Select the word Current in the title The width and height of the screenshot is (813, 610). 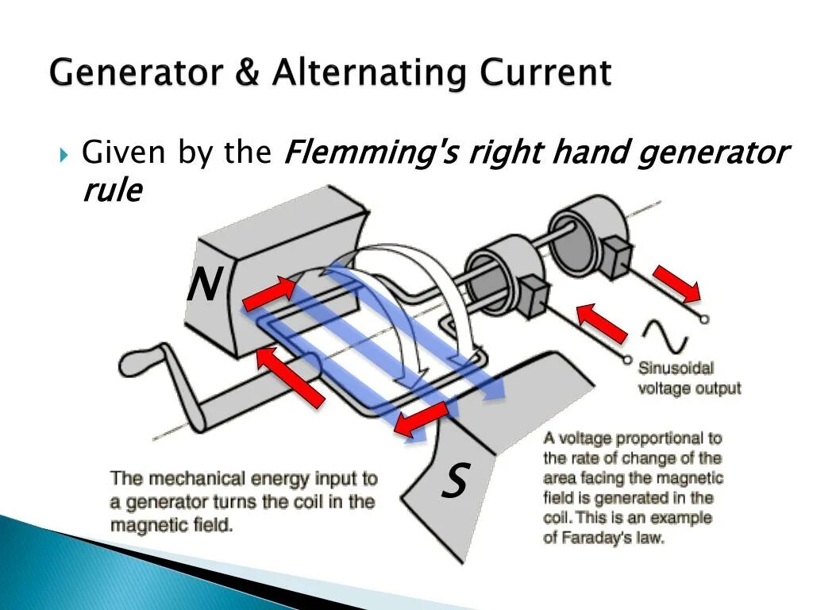pos(545,73)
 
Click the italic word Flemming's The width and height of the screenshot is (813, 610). pos(370,152)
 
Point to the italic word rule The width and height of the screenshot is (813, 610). pos(112,191)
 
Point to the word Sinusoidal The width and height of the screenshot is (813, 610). pos(676,369)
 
